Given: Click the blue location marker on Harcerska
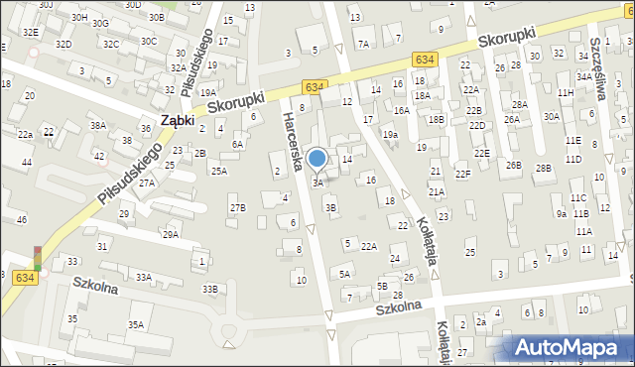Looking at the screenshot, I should [x=317, y=159].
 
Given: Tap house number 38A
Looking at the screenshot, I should [x=97, y=126].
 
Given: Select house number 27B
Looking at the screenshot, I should [x=237, y=207].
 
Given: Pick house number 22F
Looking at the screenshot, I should [x=462, y=175].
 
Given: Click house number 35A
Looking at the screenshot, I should [x=135, y=324].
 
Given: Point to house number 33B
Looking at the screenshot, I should [x=209, y=290].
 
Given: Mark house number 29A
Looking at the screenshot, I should [x=171, y=234].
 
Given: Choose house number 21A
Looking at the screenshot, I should [x=437, y=192].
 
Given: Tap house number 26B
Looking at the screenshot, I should [x=513, y=165].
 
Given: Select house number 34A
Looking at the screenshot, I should [x=584, y=75].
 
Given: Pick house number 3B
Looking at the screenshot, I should [x=331, y=207].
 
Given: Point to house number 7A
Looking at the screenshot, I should [x=363, y=44].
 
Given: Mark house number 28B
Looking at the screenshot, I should [x=543, y=169].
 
